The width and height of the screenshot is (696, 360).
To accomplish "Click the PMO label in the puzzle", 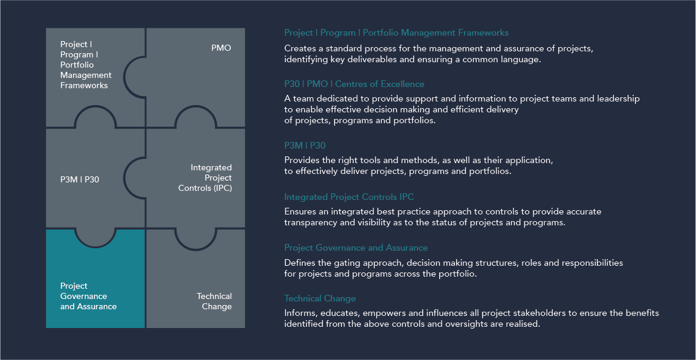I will tap(221, 48).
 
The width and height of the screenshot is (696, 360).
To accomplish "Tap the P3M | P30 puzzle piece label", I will tap(80, 179).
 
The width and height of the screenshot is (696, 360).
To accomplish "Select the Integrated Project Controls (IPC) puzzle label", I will tap(205, 178).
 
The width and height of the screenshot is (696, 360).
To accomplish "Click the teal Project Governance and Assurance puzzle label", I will tap(88, 296).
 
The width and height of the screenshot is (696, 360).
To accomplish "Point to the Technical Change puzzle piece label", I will tap(214, 301).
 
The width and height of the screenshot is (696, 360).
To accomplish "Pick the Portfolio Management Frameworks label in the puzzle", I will tap(86, 65).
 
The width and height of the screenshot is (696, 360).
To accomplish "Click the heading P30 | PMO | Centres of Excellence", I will tap(354, 84).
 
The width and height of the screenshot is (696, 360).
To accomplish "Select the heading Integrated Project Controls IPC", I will tap(349, 197).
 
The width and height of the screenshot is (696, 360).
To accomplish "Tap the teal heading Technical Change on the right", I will tap(320, 298).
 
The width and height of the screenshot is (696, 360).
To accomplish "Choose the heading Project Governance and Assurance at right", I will tap(356, 248).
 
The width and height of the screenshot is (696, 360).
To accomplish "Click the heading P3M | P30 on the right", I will tap(305, 145).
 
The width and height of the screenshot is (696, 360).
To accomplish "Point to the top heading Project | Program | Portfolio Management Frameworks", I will tap(396, 33).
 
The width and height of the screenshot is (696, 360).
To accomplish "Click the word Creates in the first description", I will tap(300, 48).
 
